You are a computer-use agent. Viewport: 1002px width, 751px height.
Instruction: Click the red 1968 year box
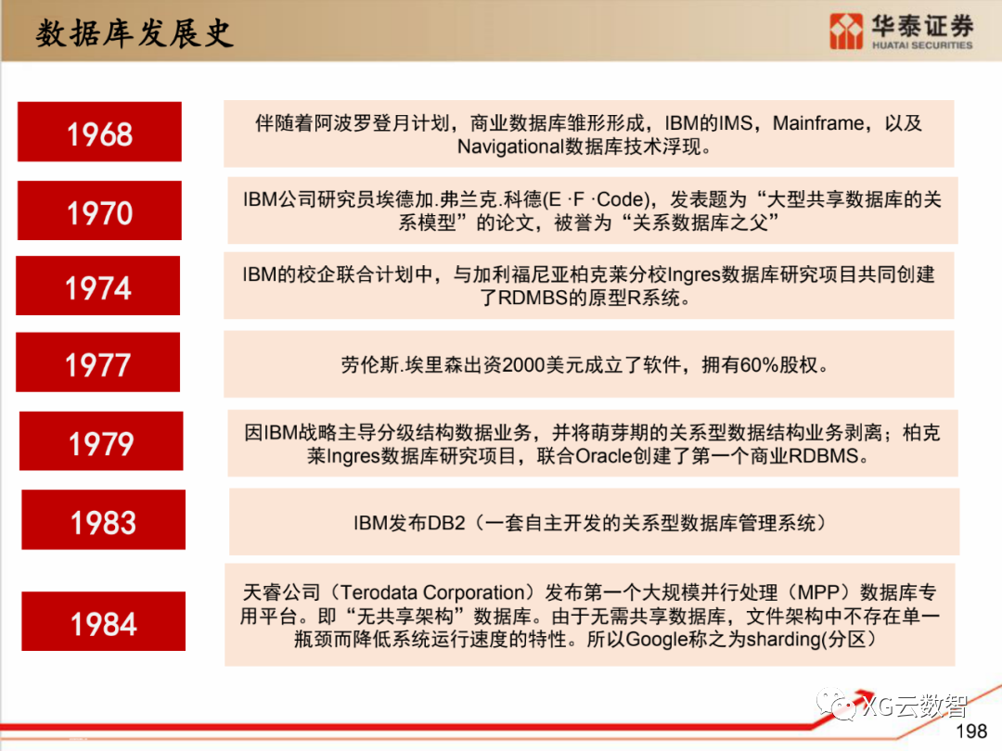click(x=99, y=133)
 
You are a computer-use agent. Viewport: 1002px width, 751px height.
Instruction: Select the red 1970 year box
click(x=99, y=212)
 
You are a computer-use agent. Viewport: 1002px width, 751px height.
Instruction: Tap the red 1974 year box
click(x=97, y=286)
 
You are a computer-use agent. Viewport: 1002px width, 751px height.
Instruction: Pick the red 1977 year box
click(x=97, y=364)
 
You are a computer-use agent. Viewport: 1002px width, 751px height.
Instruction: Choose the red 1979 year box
click(x=101, y=443)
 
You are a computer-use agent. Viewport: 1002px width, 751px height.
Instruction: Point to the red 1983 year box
click(x=103, y=521)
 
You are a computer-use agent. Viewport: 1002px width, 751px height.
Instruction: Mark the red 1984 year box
click(x=103, y=622)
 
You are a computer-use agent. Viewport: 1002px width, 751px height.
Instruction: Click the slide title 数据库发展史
click(x=134, y=33)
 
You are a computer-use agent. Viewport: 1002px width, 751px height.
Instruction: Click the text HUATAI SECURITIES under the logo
click(x=921, y=45)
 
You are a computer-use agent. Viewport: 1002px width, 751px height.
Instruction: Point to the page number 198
click(x=970, y=732)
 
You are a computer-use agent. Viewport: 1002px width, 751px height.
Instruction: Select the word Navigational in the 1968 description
click(x=510, y=146)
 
